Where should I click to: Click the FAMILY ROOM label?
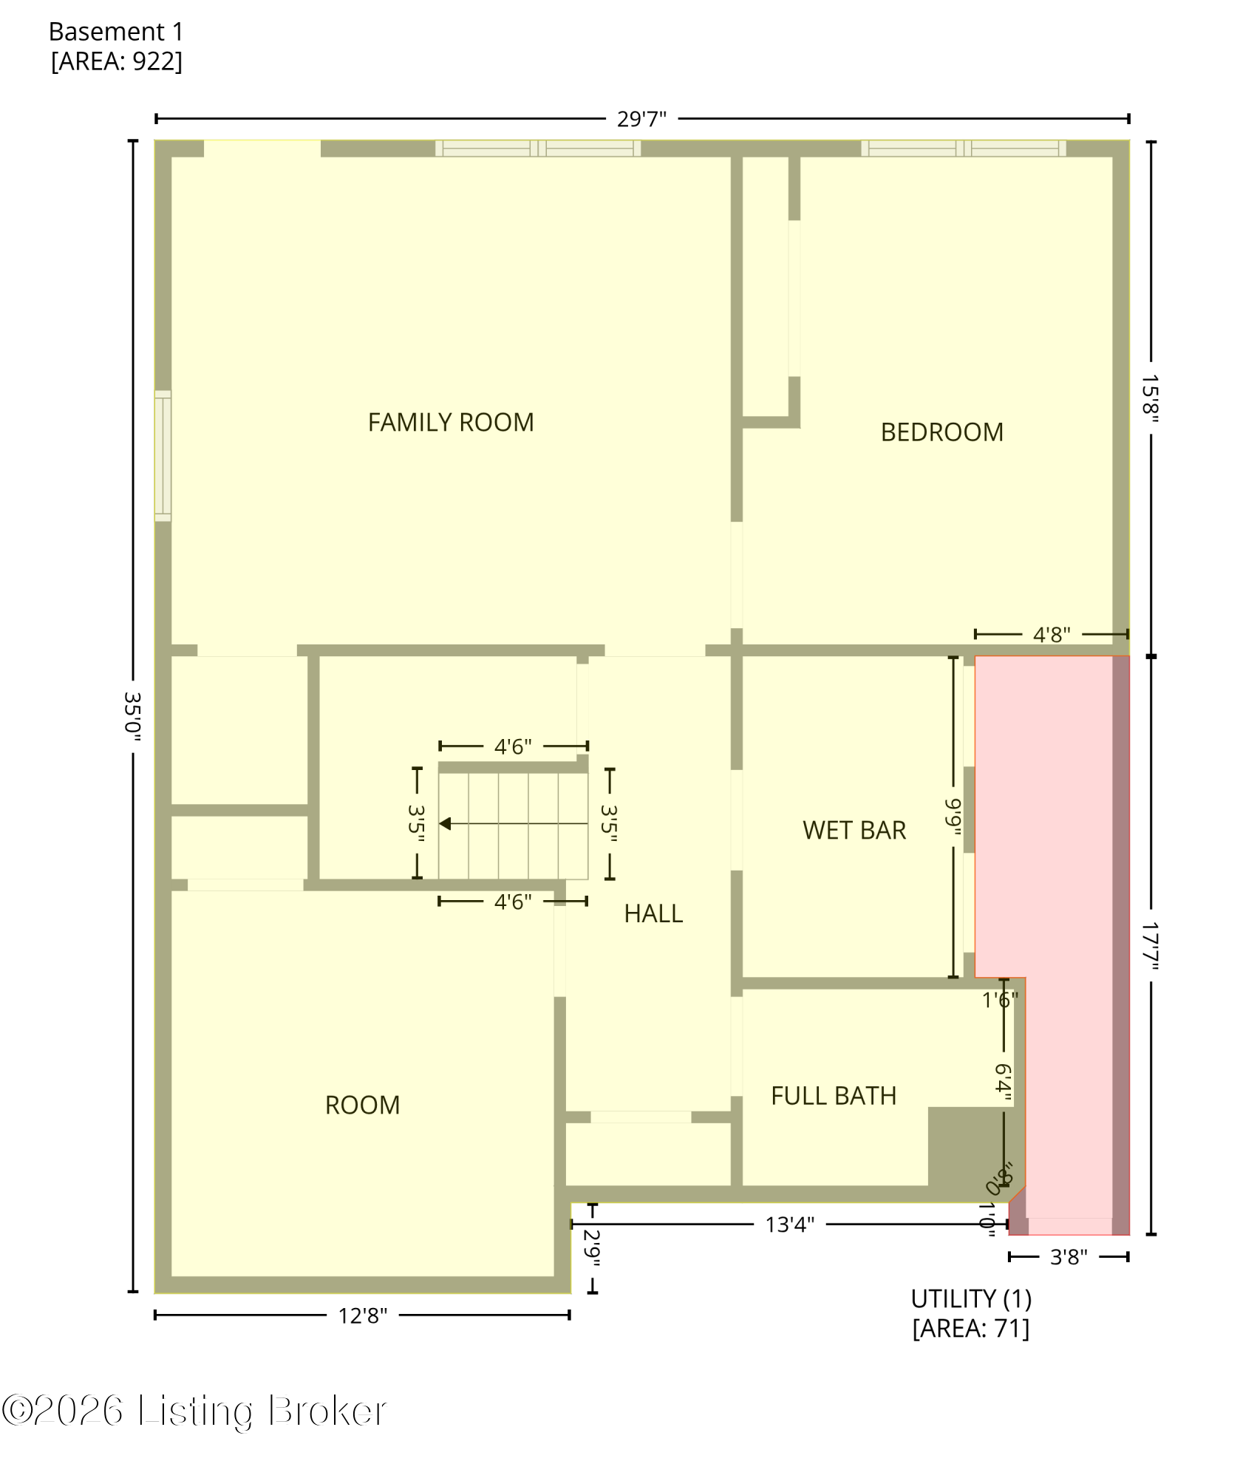click(x=451, y=423)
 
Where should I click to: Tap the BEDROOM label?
click(x=941, y=432)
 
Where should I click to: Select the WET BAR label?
click(x=854, y=831)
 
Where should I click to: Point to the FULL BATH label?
click(x=833, y=1096)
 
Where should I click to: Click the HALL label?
click(x=653, y=914)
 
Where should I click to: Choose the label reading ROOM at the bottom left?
click(x=362, y=1106)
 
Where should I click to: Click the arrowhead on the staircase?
click(x=445, y=823)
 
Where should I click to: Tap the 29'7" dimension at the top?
click(x=641, y=119)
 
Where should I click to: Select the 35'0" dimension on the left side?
click(x=133, y=715)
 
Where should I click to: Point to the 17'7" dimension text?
click(x=1150, y=945)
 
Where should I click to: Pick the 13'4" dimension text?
click(x=789, y=1225)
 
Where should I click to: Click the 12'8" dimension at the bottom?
click(x=362, y=1316)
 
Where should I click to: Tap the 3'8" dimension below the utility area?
click(x=1069, y=1257)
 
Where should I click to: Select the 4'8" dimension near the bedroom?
click(x=1051, y=635)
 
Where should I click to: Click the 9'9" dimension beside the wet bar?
click(x=953, y=817)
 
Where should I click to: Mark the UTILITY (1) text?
click(x=970, y=1299)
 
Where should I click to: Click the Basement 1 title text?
click(x=116, y=32)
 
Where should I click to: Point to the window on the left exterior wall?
click(x=163, y=456)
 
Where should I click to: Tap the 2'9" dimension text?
click(x=593, y=1248)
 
